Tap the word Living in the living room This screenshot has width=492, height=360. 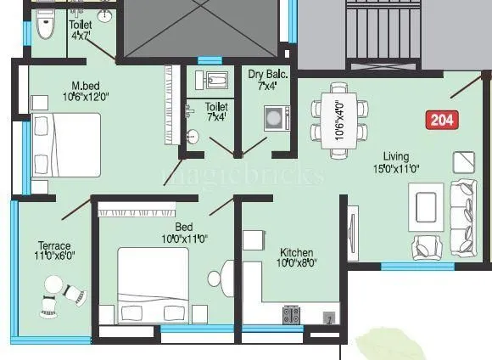point(395,156)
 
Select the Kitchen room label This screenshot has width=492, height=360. point(296,252)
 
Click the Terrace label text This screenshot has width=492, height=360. point(53,245)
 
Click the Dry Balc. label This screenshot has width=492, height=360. point(268,75)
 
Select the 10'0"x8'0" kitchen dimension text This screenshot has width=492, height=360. point(296,263)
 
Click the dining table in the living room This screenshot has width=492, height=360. point(338,120)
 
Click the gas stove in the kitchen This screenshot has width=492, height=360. point(292,314)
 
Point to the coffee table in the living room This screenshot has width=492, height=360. point(423,205)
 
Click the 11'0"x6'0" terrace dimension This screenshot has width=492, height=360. point(53,256)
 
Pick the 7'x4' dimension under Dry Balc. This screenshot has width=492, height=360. point(268,86)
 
